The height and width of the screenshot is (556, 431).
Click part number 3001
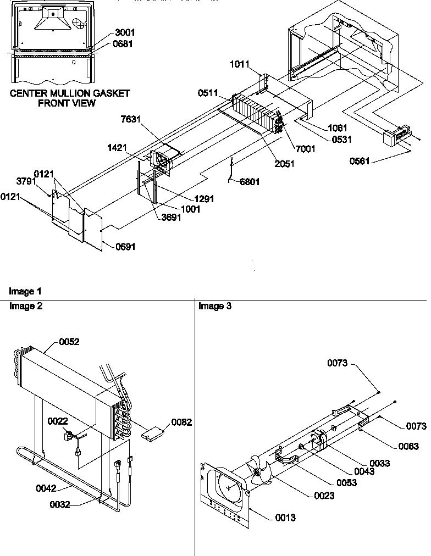point(125,33)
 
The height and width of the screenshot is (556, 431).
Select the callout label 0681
point(125,44)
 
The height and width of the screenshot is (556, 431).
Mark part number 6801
point(250,182)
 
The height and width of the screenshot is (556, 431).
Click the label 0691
point(125,247)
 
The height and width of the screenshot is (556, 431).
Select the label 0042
point(47,487)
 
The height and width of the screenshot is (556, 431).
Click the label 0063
point(408,447)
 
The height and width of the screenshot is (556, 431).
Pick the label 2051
point(284,164)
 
